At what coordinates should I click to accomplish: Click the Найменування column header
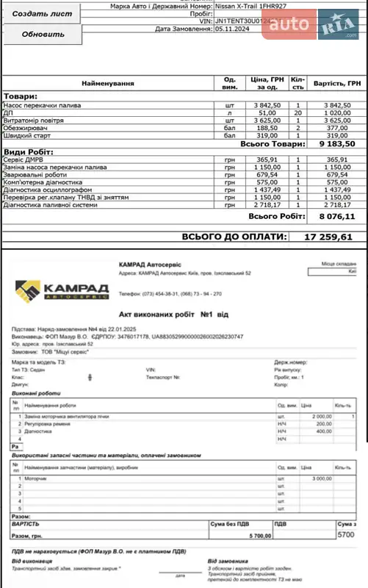(107, 84)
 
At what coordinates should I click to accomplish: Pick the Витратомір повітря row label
(35, 120)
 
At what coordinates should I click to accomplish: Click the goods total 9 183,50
(335, 145)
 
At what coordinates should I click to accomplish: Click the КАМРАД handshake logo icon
(28, 290)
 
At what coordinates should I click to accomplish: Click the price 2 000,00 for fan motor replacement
(320, 416)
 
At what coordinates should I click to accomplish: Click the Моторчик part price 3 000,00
(320, 478)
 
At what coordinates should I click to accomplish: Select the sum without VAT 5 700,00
(257, 536)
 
